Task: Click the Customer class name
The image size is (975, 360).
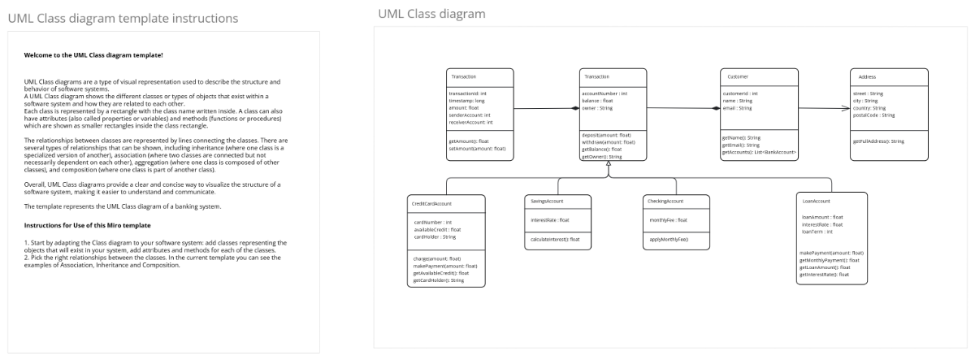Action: click(734, 76)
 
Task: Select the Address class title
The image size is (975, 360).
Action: click(867, 76)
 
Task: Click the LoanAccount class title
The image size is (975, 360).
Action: click(816, 201)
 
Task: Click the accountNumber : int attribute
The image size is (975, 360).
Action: click(604, 93)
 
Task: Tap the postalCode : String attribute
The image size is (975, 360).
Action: click(873, 115)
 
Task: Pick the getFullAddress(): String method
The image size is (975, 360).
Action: click(878, 141)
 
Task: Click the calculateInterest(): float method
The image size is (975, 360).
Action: click(555, 239)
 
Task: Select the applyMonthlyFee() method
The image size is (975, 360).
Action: click(668, 239)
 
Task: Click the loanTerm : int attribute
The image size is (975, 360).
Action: click(817, 232)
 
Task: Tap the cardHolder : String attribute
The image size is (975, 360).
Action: click(436, 236)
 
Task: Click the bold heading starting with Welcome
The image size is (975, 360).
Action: click(93, 55)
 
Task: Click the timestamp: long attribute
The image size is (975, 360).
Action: click(468, 101)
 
